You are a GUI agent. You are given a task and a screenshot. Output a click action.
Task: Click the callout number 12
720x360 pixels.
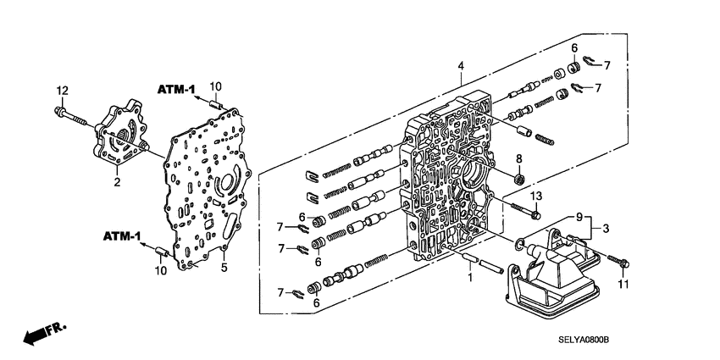point(61,91)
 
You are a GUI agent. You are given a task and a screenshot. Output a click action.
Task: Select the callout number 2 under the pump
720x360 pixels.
point(118,180)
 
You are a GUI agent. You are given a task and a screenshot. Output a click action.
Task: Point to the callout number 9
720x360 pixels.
point(580,219)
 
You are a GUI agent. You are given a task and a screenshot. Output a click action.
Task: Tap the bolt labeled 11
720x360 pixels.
point(621,263)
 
